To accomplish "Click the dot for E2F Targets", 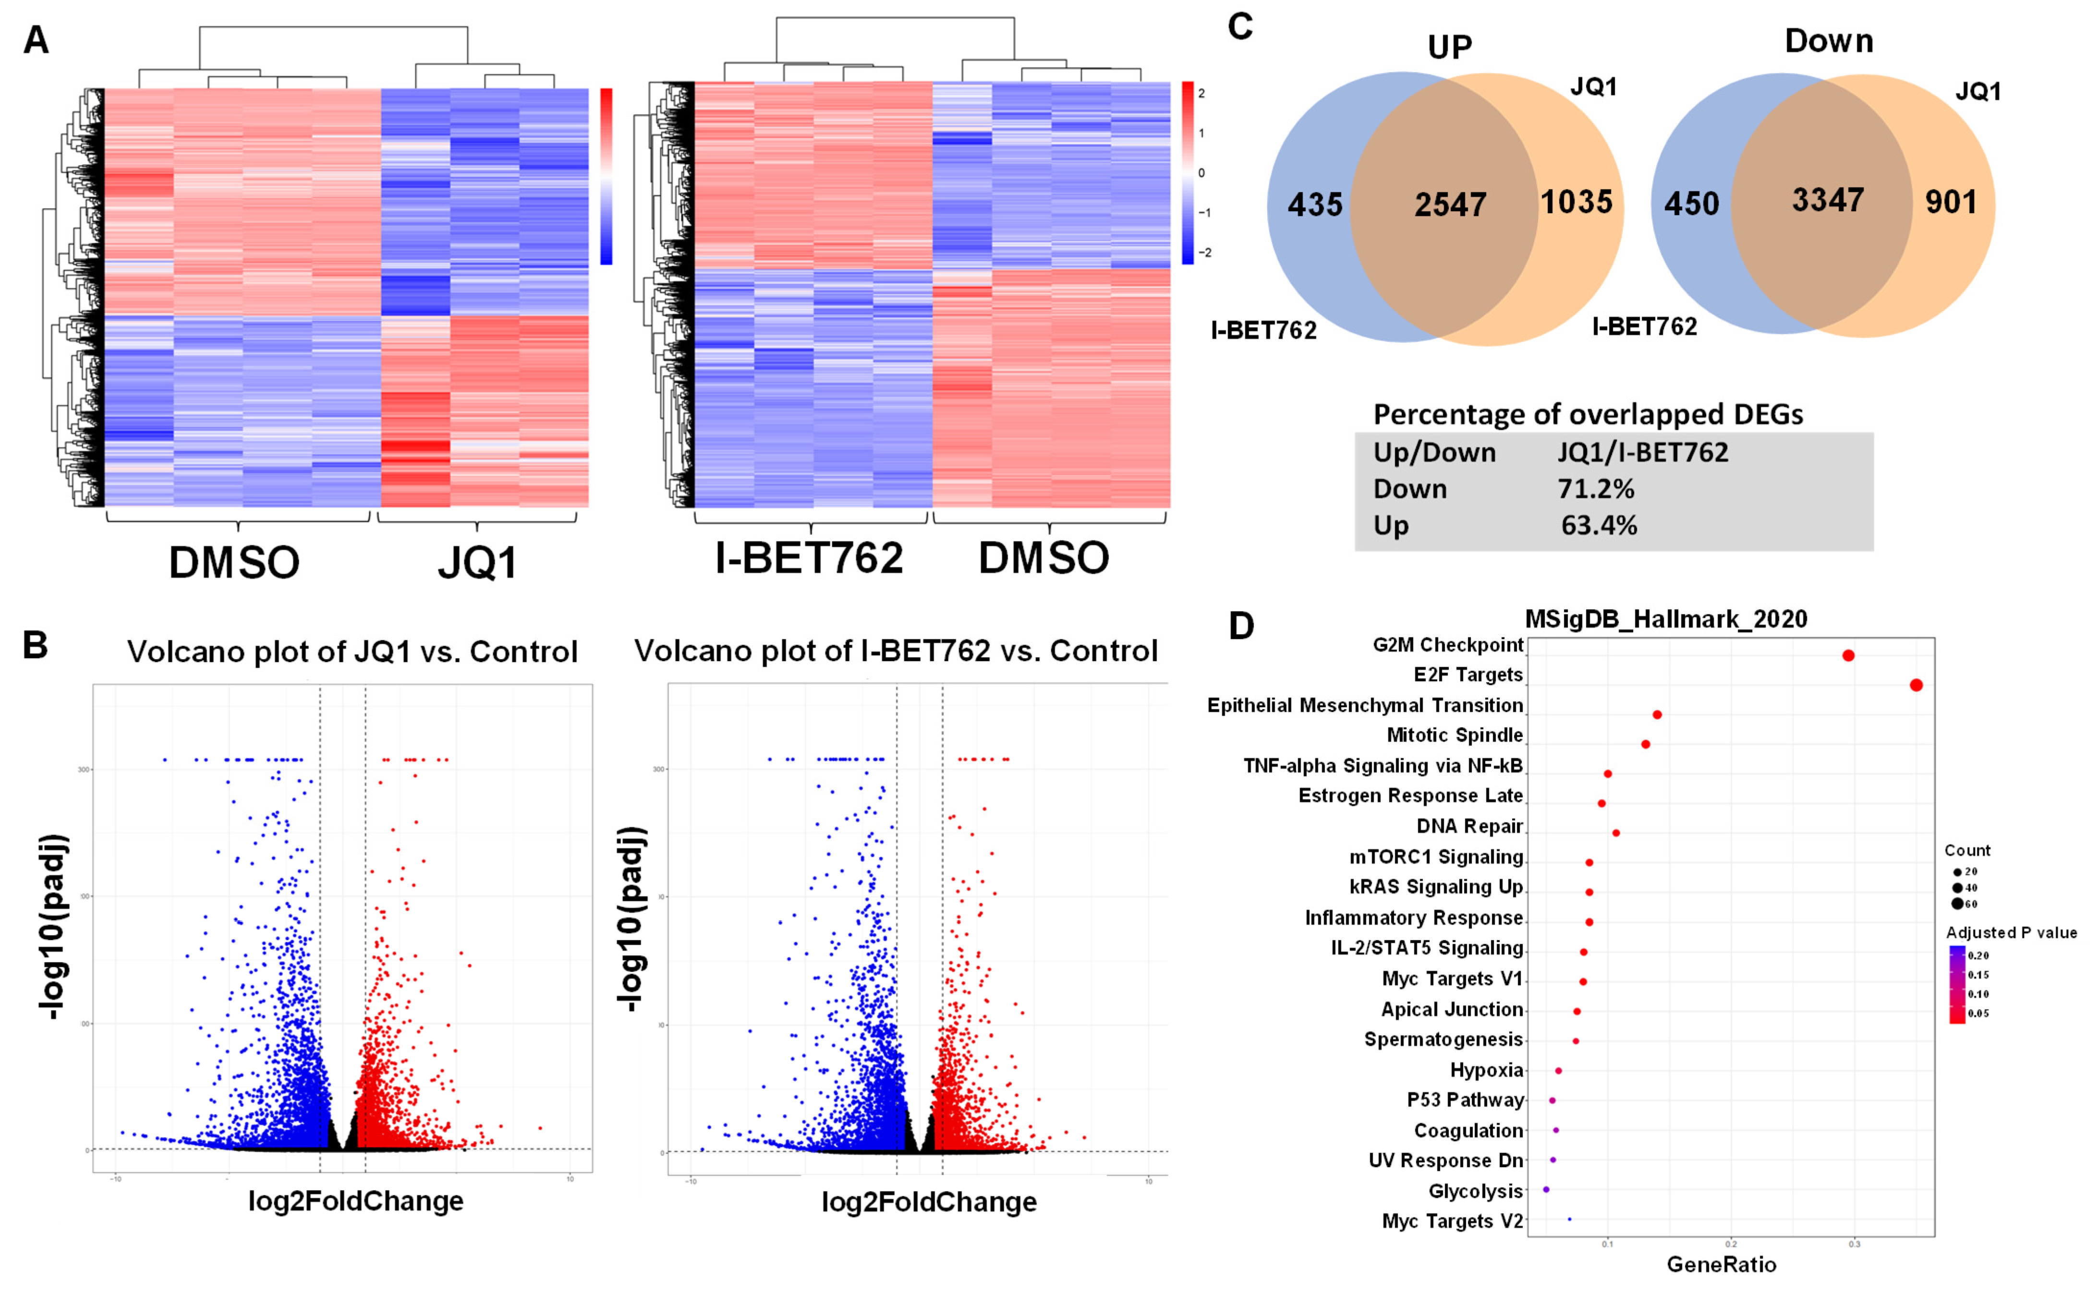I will pos(1916,685).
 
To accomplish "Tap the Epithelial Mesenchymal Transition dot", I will pos(1657,714).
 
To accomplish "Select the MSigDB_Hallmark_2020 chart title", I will pos(1666,619).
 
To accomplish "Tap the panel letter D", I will pos(1241,627).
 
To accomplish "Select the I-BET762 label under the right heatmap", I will pos(809,558).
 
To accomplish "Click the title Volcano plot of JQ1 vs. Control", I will pos(352,652).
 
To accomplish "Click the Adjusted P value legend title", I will pos(2011,932).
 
